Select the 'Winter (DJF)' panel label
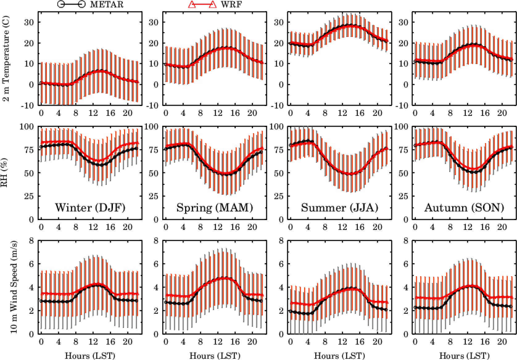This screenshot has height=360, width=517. [90, 208]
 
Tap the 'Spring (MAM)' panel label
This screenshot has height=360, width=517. [215, 208]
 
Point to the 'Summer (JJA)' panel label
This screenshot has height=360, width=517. [340, 208]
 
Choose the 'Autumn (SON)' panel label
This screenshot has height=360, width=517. [464, 208]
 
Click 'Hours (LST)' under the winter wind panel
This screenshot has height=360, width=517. [90, 356]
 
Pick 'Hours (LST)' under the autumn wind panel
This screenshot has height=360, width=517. [464, 356]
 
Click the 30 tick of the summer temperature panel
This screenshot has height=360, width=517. [279, 22]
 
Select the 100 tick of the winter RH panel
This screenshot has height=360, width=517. [27, 126]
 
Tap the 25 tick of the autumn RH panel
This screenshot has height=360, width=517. [404, 196]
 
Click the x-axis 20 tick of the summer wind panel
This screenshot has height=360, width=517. [377, 342]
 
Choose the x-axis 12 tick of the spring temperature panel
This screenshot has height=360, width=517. [218, 113]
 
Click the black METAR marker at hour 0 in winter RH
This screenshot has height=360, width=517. [41, 147]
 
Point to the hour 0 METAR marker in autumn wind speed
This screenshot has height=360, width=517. [415, 307]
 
